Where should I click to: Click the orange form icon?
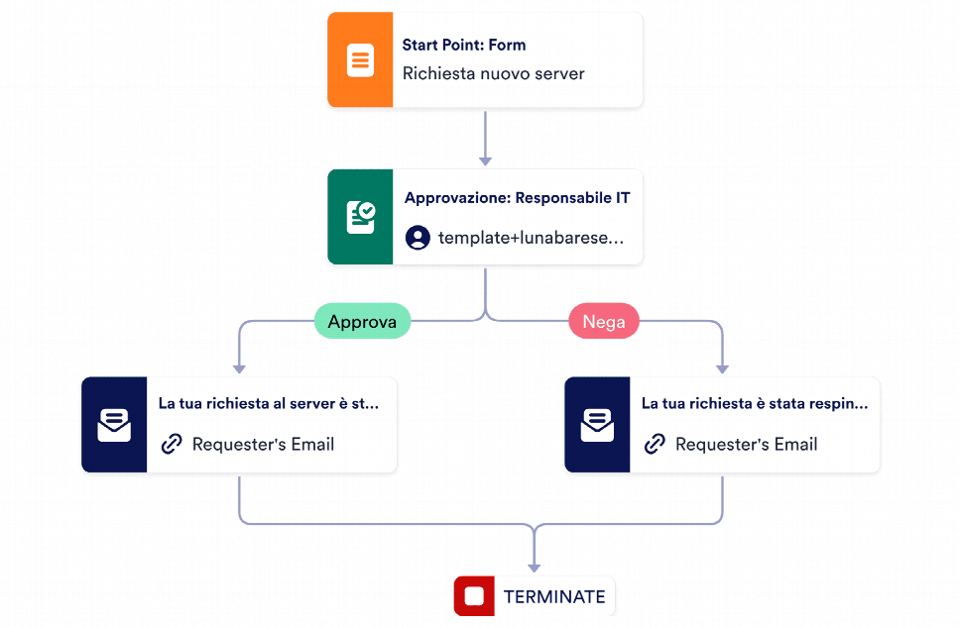[x=360, y=60]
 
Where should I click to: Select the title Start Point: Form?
[x=463, y=45]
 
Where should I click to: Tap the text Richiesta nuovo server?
[x=493, y=74]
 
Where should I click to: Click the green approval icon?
[x=360, y=217]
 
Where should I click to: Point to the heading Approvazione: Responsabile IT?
[x=517, y=198]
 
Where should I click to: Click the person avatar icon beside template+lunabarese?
[x=418, y=238]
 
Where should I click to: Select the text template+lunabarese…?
[x=532, y=238]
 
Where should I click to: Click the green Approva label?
[x=362, y=321]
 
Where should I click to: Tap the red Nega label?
[x=603, y=321]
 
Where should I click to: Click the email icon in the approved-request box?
[x=114, y=425]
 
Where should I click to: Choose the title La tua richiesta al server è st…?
[x=268, y=404]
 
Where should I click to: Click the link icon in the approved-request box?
[x=172, y=444]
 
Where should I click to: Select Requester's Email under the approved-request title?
[x=263, y=444]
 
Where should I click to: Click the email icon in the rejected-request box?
[x=597, y=425]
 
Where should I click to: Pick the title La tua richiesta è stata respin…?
[x=754, y=404]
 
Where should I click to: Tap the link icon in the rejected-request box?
[x=655, y=444]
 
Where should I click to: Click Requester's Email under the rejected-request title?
[x=746, y=444]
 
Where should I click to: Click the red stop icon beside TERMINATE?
[x=474, y=596]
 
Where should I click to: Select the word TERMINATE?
[x=553, y=597]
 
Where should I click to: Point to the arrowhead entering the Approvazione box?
[x=485, y=159]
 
